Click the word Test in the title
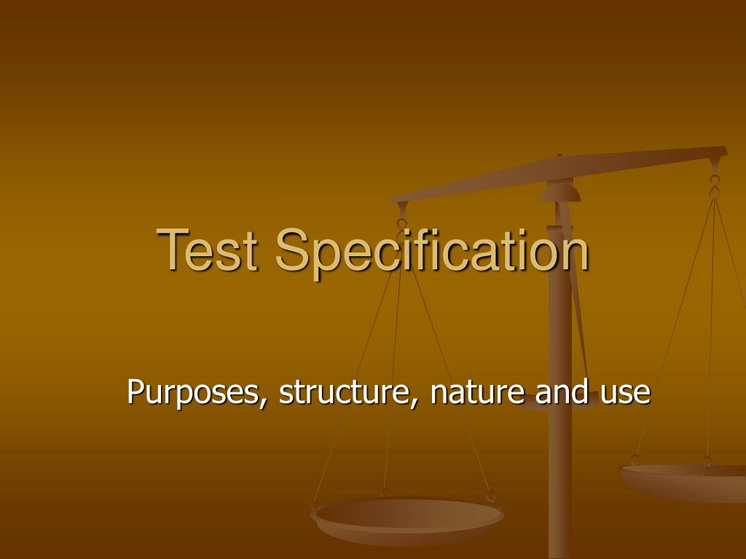[212, 250]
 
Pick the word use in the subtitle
[625, 393]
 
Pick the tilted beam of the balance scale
[561, 170]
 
